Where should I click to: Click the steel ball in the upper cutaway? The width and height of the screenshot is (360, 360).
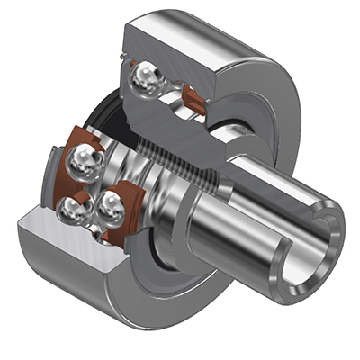[x=146, y=80]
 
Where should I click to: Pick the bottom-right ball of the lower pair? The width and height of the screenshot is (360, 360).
[x=110, y=208]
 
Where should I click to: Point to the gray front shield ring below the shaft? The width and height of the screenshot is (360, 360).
[x=180, y=261]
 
